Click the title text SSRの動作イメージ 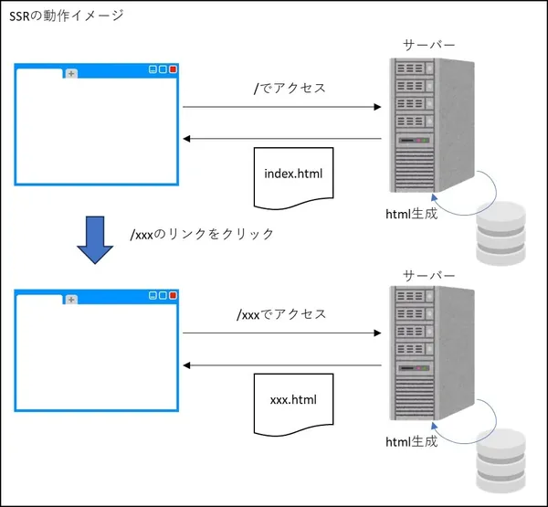(x=66, y=16)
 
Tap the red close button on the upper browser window (x=173, y=69)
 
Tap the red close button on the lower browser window (x=173, y=296)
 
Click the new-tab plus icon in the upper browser (x=71, y=73)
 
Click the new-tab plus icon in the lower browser (x=71, y=300)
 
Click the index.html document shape (x=292, y=174)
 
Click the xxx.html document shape (x=292, y=400)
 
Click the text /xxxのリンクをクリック (x=203, y=234)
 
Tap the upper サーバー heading (x=428, y=45)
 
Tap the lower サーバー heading (x=428, y=275)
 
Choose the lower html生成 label (x=411, y=442)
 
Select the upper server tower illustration (x=429, y=128)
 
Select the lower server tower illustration (x=429, y=356)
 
